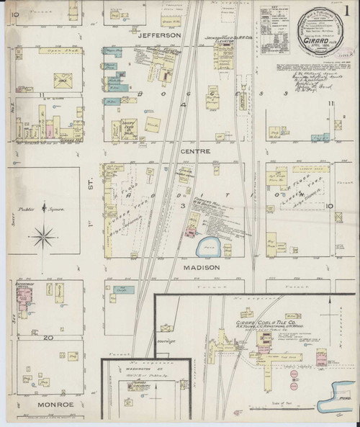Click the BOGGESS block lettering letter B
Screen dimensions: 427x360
click(x=143, y=92)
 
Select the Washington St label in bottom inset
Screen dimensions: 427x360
click(x=135, y=368)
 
